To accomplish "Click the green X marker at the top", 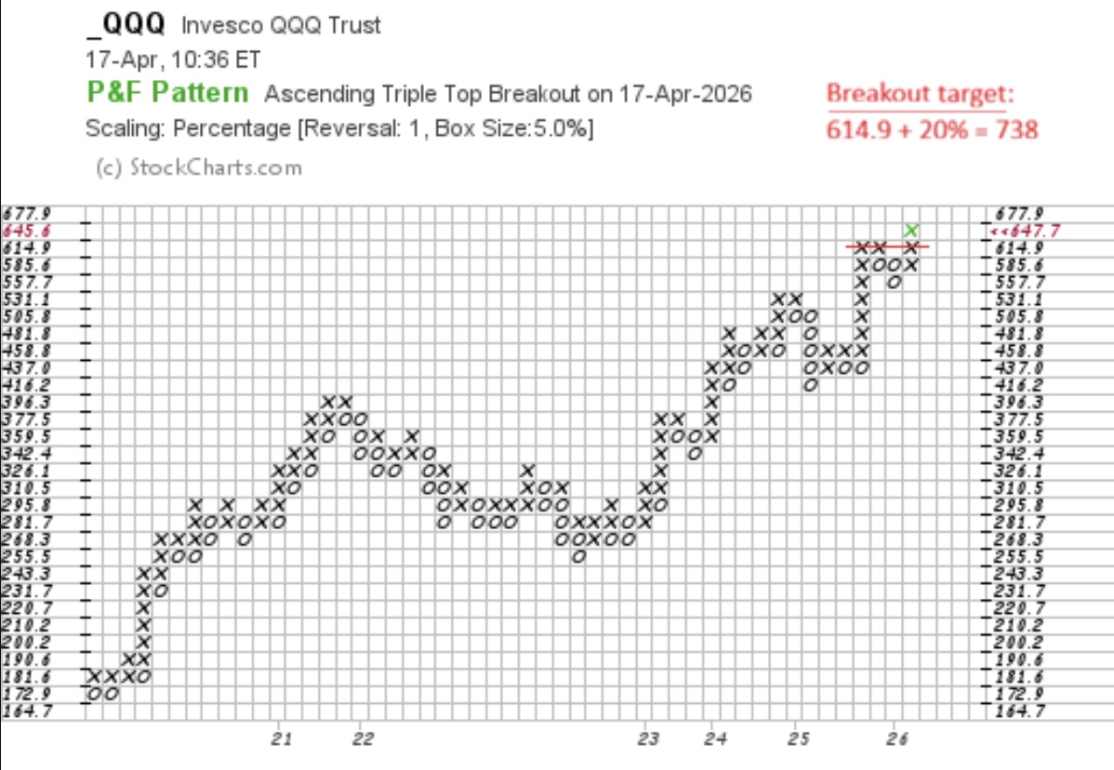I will (x=912, y=230).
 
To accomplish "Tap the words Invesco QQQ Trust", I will (x=280, y=26).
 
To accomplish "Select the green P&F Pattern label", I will (x=168, y=92).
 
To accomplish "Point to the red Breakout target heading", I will (x=921, y=94).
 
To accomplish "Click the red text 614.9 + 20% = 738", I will (x=932, y=128).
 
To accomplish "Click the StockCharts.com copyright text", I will (x=199, y=167).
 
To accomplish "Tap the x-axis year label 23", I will (x=648, y=739).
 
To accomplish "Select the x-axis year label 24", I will (x=714, y=739).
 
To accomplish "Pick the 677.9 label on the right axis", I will (x=1019, y=213).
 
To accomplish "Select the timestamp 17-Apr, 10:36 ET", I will (x=173, y=60).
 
